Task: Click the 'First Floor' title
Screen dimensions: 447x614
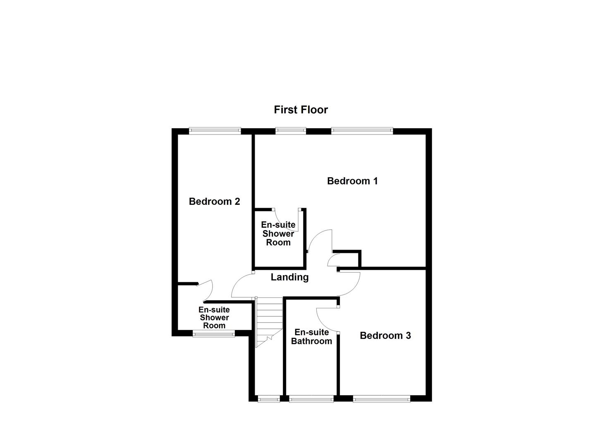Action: [x=301, y=110]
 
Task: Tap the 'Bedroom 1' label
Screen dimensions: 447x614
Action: [x=352, y=181]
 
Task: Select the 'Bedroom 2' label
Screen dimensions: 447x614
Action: [x=214, y=202]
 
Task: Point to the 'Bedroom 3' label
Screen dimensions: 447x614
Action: [x=385, y=336]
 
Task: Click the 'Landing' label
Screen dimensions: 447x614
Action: [x=289, y=277]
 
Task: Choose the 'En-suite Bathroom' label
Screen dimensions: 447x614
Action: [x=311, y=337]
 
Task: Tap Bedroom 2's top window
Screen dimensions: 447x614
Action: [x=215, y=131]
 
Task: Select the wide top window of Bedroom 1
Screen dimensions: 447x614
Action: [x=362, y=131]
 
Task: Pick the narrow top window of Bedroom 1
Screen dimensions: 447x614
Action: [x=291, y=131]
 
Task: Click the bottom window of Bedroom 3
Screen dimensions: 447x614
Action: [x=382, y=399]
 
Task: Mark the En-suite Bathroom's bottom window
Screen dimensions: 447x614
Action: [x=311, y=399]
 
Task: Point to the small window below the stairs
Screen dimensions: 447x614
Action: [x=268, y=399]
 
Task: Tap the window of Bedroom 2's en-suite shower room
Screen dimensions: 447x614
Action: [x=214, y=333]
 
